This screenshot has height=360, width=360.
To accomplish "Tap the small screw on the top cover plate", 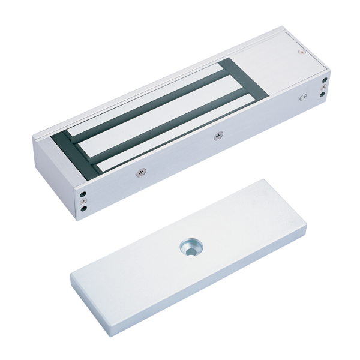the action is [301, 52].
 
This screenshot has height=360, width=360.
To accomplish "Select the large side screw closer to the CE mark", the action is [218, 136].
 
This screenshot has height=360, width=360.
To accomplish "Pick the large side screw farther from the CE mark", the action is [140, 172].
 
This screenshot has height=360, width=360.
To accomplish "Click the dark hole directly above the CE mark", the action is [325, 80].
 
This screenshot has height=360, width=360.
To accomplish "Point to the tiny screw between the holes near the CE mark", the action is [325, 87].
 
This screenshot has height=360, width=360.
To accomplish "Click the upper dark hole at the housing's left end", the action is [84, 194].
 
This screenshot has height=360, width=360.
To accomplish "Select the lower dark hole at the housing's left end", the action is [85, 209].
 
